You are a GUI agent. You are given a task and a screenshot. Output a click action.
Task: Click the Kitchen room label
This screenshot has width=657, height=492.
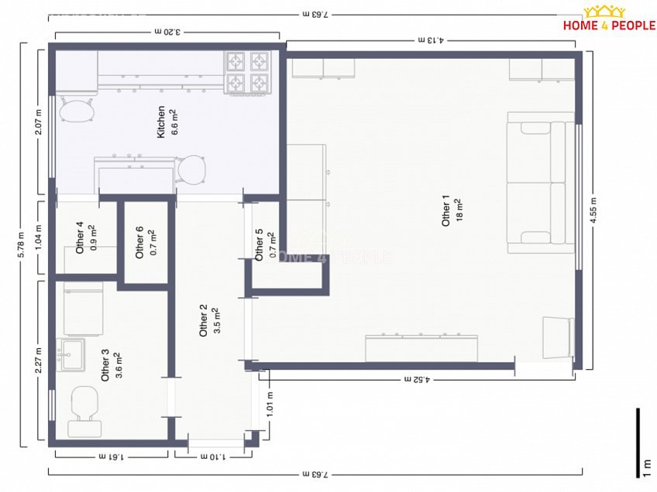(x=161, y=121)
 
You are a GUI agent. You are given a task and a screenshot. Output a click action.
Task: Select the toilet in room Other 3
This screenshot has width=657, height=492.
(x=84, y=412)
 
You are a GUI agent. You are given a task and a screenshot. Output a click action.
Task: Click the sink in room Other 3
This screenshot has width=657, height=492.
(x=71, y=355)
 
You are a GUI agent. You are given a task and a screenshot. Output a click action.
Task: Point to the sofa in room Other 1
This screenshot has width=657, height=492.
(x=541, y=183)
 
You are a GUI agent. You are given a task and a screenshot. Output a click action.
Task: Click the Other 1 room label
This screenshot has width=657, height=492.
(x=445, y=210)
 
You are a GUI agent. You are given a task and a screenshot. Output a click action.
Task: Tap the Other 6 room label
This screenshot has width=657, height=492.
(x=139, y=242)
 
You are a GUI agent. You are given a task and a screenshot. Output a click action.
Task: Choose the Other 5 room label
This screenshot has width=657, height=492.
(x=259, y=244)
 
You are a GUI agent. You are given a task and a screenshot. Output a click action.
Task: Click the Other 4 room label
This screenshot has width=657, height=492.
(x=80, y=237)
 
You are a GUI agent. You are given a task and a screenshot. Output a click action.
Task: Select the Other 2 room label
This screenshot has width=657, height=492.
(x=203, y=320)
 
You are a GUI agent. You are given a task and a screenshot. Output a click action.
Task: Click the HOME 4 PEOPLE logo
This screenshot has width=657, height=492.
(x=609, y=19)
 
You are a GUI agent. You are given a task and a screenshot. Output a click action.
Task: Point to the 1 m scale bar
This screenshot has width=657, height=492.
(x=638, y=442)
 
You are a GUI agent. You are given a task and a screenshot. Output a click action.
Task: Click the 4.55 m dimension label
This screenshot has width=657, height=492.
(x=593, y=210)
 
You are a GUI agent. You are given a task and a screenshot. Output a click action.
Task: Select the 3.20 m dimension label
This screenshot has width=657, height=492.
(x=167, y=32)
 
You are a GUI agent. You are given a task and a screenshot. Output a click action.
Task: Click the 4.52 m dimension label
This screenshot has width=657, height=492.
(x=418, y=380)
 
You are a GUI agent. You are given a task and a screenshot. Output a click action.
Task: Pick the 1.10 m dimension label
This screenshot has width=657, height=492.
(x=213, y=456)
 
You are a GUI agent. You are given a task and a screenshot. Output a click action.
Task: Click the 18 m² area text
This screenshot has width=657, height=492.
(x=459, y=210)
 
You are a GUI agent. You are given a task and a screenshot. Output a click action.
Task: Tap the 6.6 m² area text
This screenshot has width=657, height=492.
(x=174, y=121)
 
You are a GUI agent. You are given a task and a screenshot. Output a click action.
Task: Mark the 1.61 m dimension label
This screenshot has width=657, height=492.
(x=112, y=456)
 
